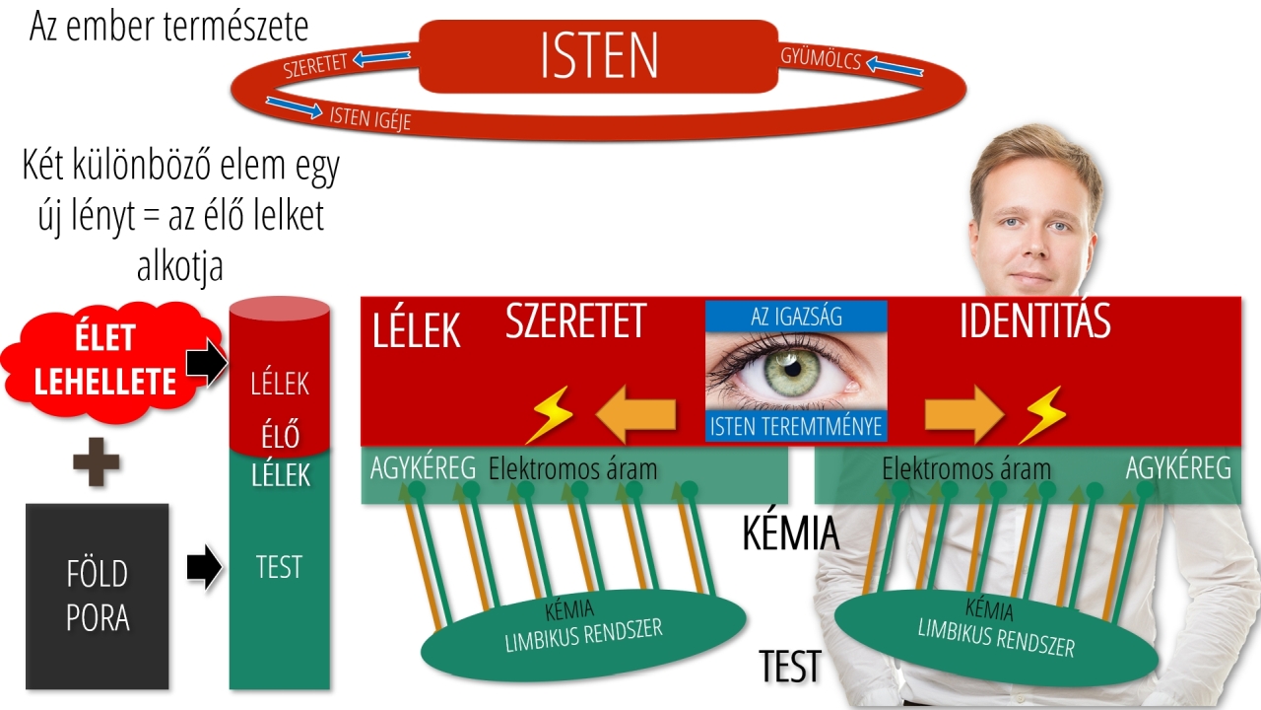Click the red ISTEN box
tap(598, 56)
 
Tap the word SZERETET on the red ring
tap(315, 66)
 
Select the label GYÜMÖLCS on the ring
tap(821, 58)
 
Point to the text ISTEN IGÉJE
tap(369, 117)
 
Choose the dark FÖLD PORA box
tap(98, 596)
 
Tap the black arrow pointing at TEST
tap(204, 568)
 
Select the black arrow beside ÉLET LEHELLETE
tap(206, 365)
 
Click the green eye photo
tap(796, 370)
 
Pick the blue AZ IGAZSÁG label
tap(796, 316)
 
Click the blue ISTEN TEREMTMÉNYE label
tap(796, 426)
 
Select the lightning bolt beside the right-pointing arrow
tap(1041, 414)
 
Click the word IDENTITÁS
tap(1034, 321)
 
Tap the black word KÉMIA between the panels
tap(790, 533)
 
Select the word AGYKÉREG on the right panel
tap(1178, 468)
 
